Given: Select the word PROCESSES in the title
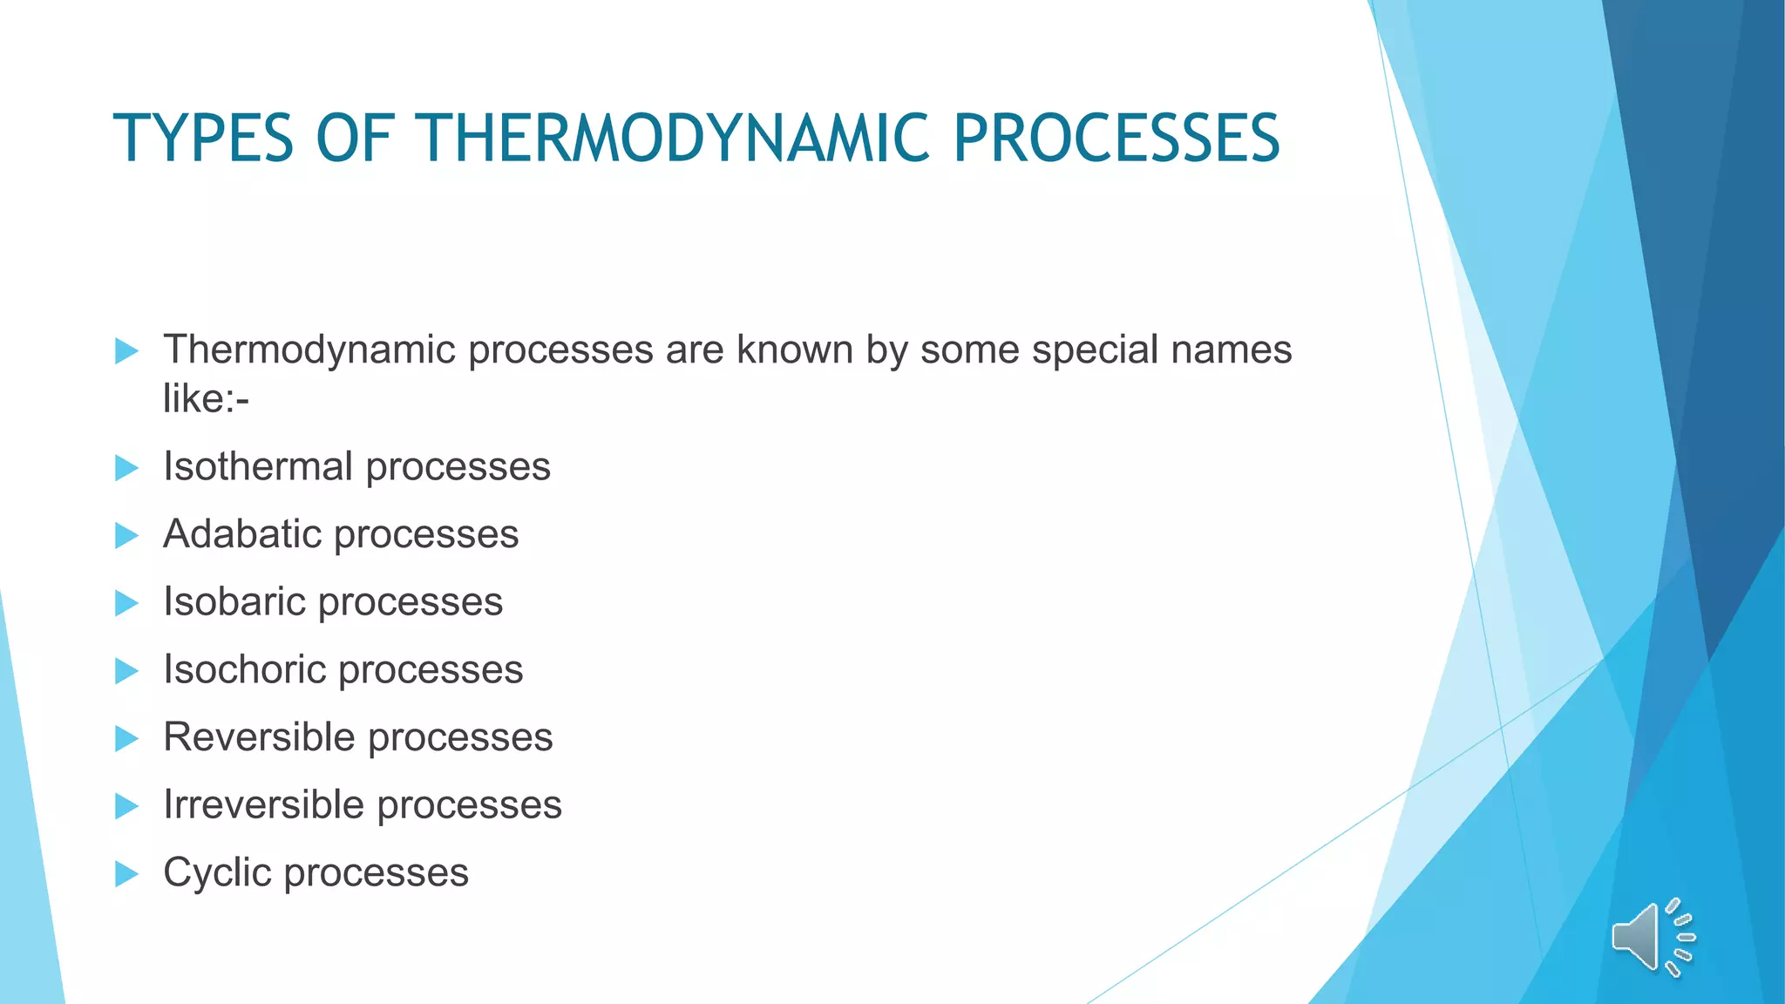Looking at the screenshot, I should pyautogui.click(x=1116, y=139).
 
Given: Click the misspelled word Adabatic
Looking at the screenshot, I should pyautogui.click(x=241, y=534).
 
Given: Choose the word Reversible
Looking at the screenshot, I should pyautogui.click(x=259, y=737).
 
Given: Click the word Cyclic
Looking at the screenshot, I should pyautogui.click(x=216, y=872).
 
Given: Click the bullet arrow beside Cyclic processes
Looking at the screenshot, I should pyautogui.click(x=126, y=873).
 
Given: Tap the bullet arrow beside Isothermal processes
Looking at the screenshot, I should pyautogui.click(x=126, y=468).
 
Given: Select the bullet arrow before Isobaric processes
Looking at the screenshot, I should pyautogui.click(x=126, y=603).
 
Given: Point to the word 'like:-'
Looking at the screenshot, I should pyautogui.click(x=206, y=399).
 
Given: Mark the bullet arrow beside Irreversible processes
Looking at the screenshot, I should pyautogui.click(x=126, y=806).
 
